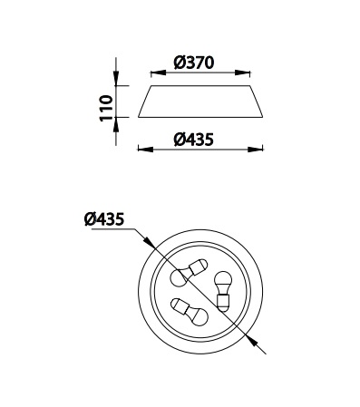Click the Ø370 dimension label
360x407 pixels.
point(194,63)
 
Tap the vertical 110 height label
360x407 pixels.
point(106,108)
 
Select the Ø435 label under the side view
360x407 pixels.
point(194,140)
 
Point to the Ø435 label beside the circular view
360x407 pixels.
point(104,218)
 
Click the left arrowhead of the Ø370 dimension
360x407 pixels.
point(159,73)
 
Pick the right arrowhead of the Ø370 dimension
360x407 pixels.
point(243,73)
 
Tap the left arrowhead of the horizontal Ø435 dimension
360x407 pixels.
point(146,150)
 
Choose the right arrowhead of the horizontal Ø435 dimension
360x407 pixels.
point(256,150)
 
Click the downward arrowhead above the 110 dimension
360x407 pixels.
point(116,78)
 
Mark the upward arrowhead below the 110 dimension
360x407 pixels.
point(116,125)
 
